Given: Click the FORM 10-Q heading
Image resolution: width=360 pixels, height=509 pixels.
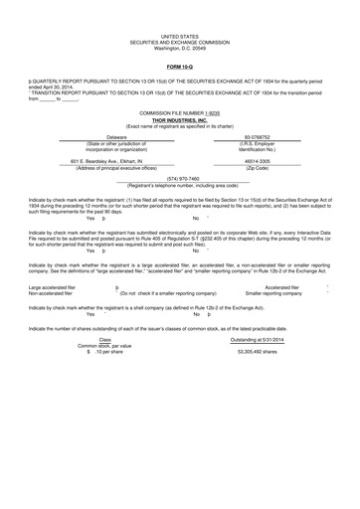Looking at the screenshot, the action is (x=179, y=68).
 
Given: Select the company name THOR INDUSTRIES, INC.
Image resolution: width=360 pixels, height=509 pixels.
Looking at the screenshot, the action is (x=179, y=120).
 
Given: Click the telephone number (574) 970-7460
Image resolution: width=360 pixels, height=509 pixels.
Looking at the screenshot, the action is (x=179, y=179).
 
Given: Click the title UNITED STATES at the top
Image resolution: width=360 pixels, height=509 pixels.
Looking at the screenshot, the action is (x=179, y=34).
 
